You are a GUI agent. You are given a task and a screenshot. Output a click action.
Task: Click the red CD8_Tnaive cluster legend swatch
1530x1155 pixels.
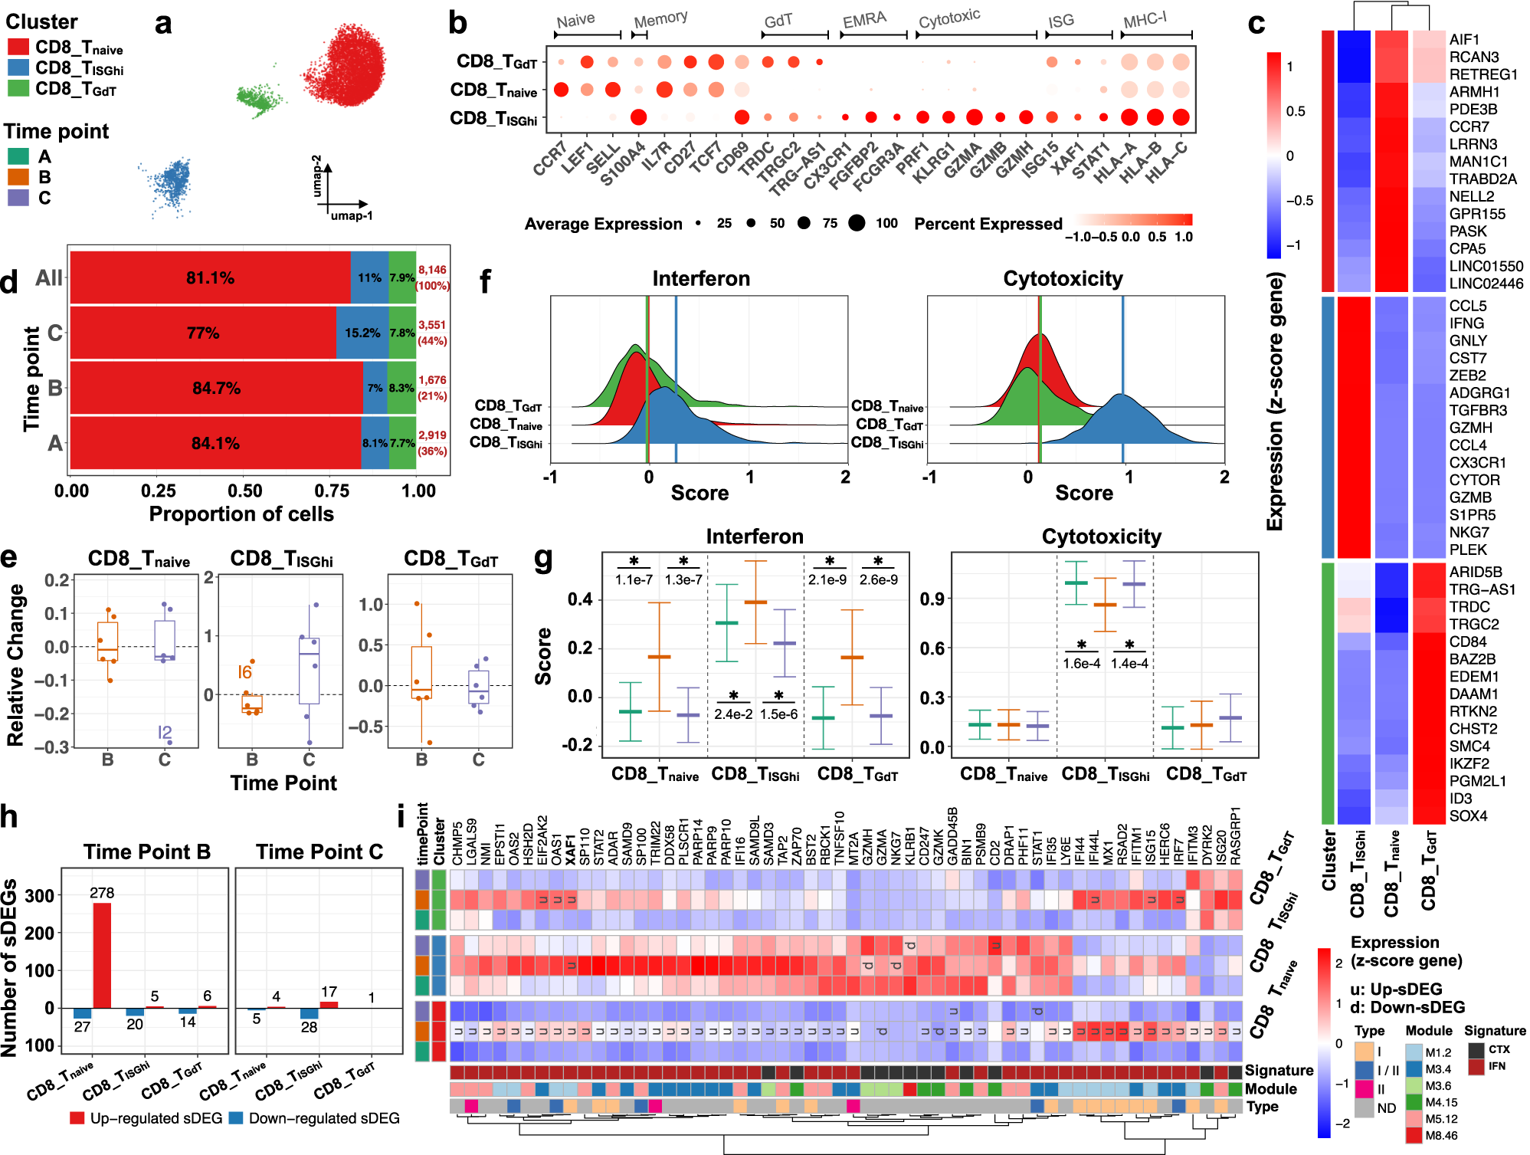click(x=18, y=48)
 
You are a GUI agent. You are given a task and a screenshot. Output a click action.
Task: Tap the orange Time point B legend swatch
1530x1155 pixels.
click(x=18, y=177)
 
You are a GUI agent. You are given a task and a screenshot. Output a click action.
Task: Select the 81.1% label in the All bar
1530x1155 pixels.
click(x=210, y=277)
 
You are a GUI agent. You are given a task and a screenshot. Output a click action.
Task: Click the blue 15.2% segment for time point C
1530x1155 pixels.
click(x=362, y=333)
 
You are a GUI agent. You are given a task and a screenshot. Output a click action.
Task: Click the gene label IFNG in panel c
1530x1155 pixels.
click(x=1466, y=323)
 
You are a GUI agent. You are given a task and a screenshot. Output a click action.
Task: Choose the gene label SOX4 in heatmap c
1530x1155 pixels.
click(x=1468, y=815)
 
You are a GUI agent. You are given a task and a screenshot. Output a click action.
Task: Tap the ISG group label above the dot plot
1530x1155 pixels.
click(x=1060, y=21)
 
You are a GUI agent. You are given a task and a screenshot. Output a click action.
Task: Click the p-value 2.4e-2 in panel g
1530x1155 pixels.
click(x=733, y=714)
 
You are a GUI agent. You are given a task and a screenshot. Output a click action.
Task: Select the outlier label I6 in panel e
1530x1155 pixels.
click(x=244, y=672)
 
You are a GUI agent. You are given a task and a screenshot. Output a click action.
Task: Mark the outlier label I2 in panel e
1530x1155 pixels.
click(x=164, y=733)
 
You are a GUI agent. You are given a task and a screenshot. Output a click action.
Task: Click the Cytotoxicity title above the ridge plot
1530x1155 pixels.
click(x=1063, y=278)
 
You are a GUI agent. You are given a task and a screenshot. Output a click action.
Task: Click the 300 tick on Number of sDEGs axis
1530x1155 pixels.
click(x=40, y=895)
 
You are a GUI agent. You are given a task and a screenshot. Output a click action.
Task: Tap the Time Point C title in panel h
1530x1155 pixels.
click(x=319, y=851)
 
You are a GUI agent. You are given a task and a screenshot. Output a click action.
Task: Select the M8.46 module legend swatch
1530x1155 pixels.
click(x=1414, y=1135)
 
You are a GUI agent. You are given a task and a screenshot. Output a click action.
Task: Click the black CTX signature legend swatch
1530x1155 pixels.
click(x=1476, y=1050)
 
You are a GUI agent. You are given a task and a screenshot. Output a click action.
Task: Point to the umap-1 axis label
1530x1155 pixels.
click(x=352, y=216)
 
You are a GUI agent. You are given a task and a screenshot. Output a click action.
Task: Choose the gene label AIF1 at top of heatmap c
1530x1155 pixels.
click(x=1464, y=39)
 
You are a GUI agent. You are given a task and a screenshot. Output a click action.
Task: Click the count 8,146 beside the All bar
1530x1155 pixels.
click(x=432, y=270)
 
